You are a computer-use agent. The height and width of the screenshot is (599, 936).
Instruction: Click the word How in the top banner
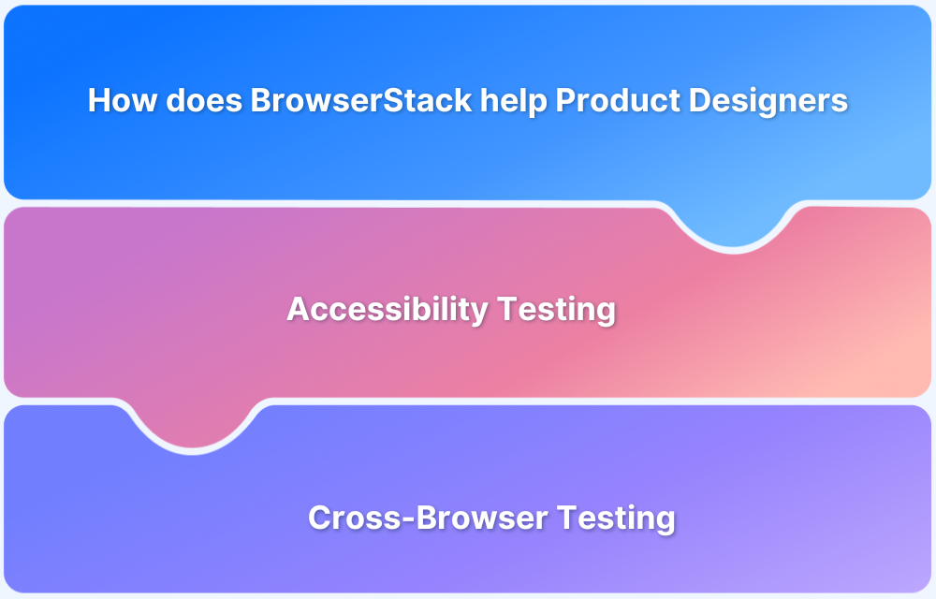(123, 101)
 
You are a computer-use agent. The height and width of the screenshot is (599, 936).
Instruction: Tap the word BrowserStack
(361, 101)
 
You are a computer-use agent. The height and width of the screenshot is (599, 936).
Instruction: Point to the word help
(514, 101)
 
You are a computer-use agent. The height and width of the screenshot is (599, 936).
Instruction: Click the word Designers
(768, 101)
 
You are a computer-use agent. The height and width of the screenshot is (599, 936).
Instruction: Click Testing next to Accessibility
(557, 309)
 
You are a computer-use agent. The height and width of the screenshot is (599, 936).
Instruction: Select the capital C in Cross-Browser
(320, 518)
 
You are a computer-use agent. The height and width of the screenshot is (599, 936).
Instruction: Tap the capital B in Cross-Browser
(420, 518)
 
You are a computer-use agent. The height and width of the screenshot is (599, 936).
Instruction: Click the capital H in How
(99, 101)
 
